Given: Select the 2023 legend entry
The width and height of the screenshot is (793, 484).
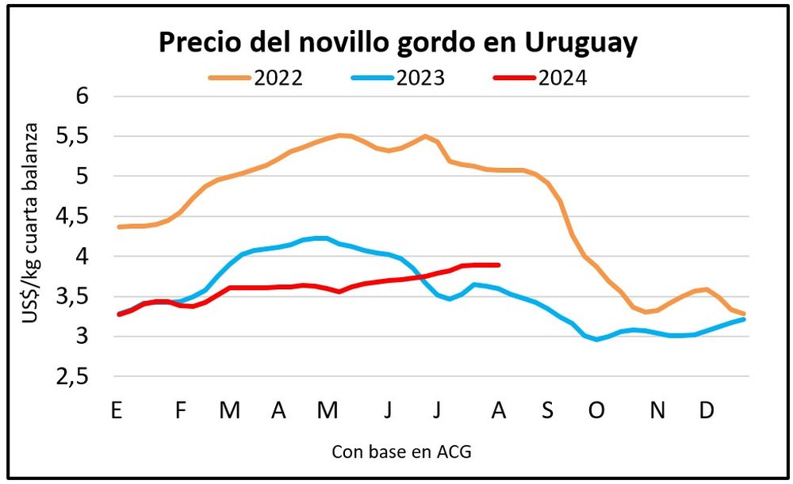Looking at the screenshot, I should click(x=399, y=78).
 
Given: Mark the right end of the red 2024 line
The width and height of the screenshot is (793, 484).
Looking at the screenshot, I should click(x=498, y=265).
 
